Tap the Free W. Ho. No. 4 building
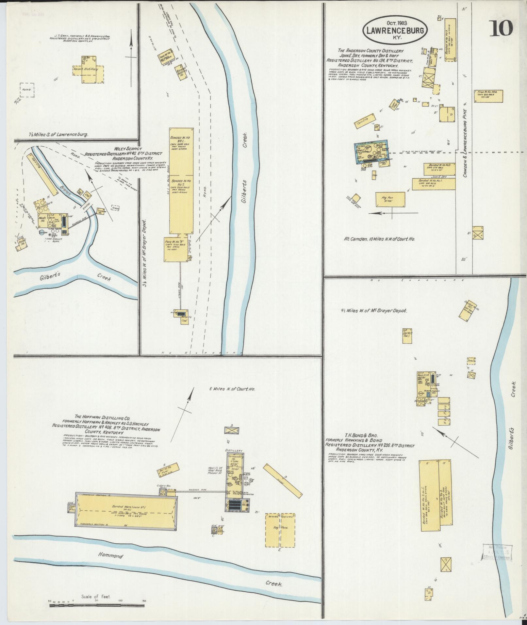click(x=488, y=96)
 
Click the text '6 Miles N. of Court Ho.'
click(x=232, y=389)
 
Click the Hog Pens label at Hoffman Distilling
click(x=280, y=527)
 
